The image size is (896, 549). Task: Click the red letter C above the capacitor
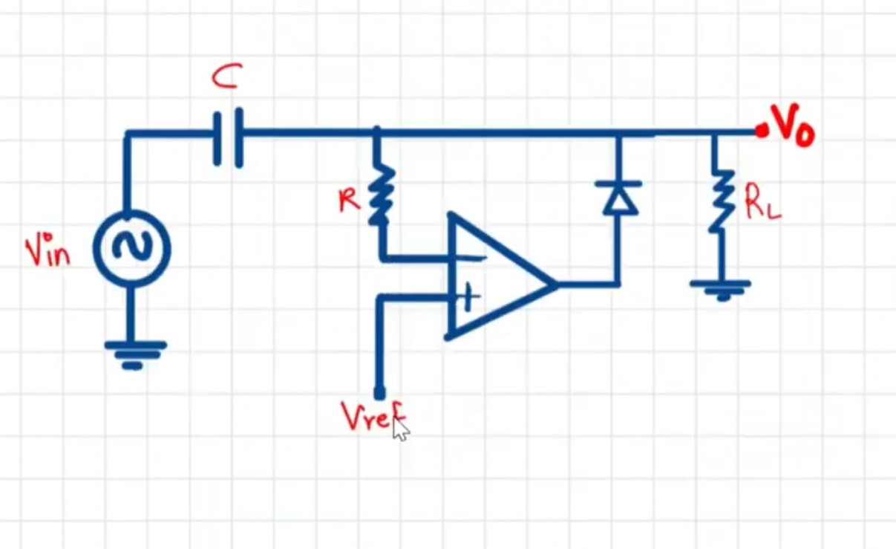pyautogui.click(x=224, y=77)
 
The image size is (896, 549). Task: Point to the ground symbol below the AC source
pyautogui.click(x=134, y=353)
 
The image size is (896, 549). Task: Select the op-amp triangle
pyautogui.click(x=493, y=278)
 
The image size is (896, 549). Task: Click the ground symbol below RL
pyautogui.click(x=719, y=289)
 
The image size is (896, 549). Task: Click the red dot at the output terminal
pyautogui.click(x=760, y=131)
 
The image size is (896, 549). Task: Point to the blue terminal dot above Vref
pyautogui.click(x=379, y=392)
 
